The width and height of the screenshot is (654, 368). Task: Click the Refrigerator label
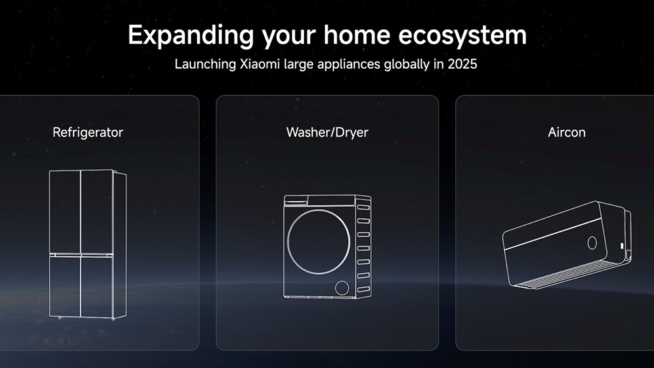[x=88, y=132]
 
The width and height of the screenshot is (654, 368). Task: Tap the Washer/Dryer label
[x=327, y=132]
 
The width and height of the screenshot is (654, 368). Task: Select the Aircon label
[x=567, y=132]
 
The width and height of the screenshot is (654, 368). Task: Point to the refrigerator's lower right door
[x=96, y=286]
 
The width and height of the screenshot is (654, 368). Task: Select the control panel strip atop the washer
[x=319, y=200]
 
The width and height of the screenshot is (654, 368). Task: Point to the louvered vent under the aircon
[x=567, y=276]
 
